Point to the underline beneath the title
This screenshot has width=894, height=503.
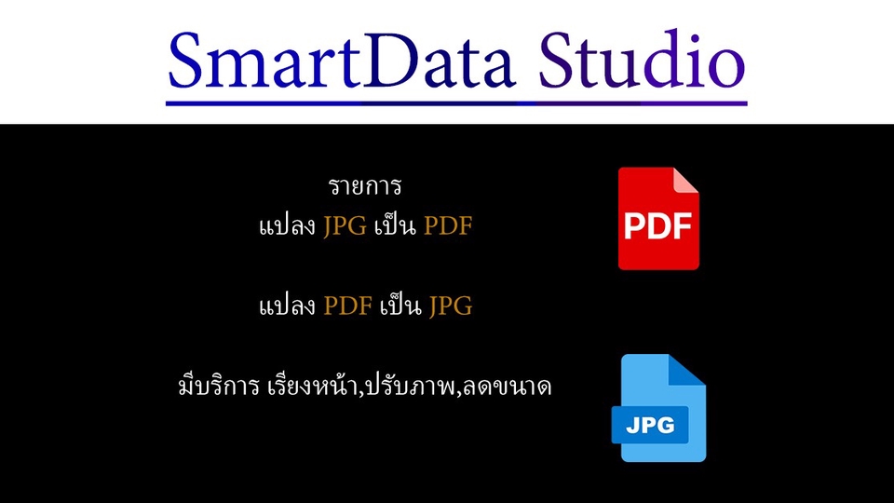(x=456, y=102)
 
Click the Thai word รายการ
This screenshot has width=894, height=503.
(x=365, y=186)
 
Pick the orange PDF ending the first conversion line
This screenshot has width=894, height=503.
(x=448, y=226)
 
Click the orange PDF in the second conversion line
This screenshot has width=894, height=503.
(x=347, y=306)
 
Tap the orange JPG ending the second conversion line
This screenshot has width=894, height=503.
(x=451, y=306)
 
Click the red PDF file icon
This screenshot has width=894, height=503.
(x=657, y=219)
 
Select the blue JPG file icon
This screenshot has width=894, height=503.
(x=657, y=408)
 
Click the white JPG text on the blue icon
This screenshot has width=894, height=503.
(x=651, y=426)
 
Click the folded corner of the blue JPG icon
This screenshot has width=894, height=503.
(x=689, y=369)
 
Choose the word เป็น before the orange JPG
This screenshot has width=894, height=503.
(x=401, y=306)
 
